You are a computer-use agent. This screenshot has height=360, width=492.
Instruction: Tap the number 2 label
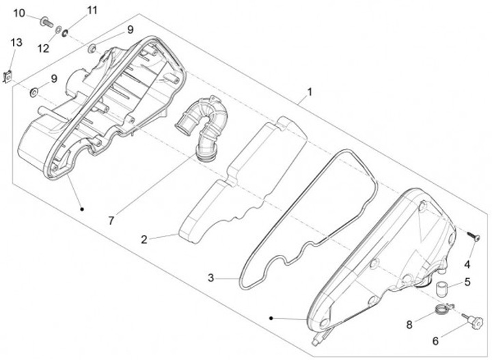[145, 240]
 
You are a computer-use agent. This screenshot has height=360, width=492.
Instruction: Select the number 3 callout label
[212, 277]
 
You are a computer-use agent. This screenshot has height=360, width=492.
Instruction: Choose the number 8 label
[409, 325]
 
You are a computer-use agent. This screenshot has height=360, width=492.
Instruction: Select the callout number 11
[92, 10]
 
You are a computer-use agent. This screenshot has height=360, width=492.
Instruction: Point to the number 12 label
[43, 47]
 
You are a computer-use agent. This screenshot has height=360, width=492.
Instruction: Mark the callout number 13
[16, 42]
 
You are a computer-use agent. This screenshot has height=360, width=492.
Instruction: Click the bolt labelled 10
[46, 23]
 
